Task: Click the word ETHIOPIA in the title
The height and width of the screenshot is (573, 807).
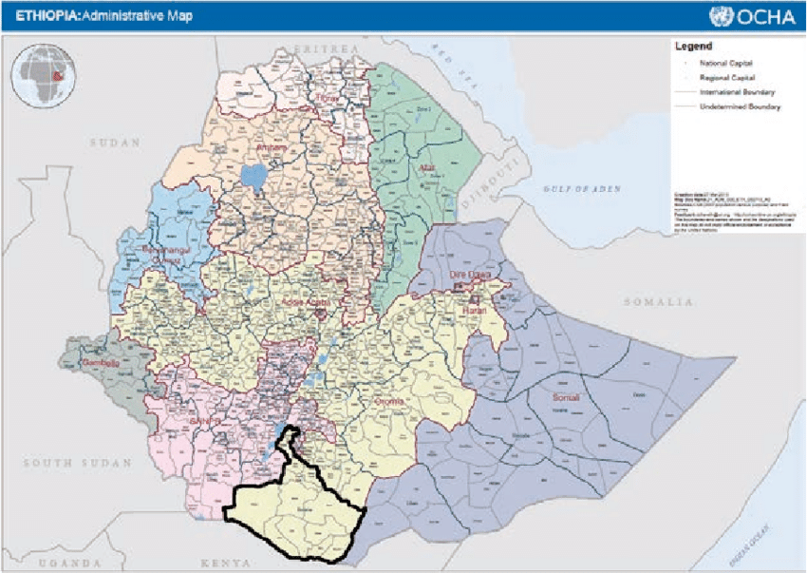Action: (x=42, y=16)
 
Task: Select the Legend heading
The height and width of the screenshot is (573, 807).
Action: (x=693, y=46)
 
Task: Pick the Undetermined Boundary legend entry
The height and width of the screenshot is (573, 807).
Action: (x=740, y=107)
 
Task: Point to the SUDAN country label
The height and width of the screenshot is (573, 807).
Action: (x=114, y=142)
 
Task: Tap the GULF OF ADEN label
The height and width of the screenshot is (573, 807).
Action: (x=582, y=189)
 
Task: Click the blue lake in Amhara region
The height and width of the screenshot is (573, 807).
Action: (x=253, y=176)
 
